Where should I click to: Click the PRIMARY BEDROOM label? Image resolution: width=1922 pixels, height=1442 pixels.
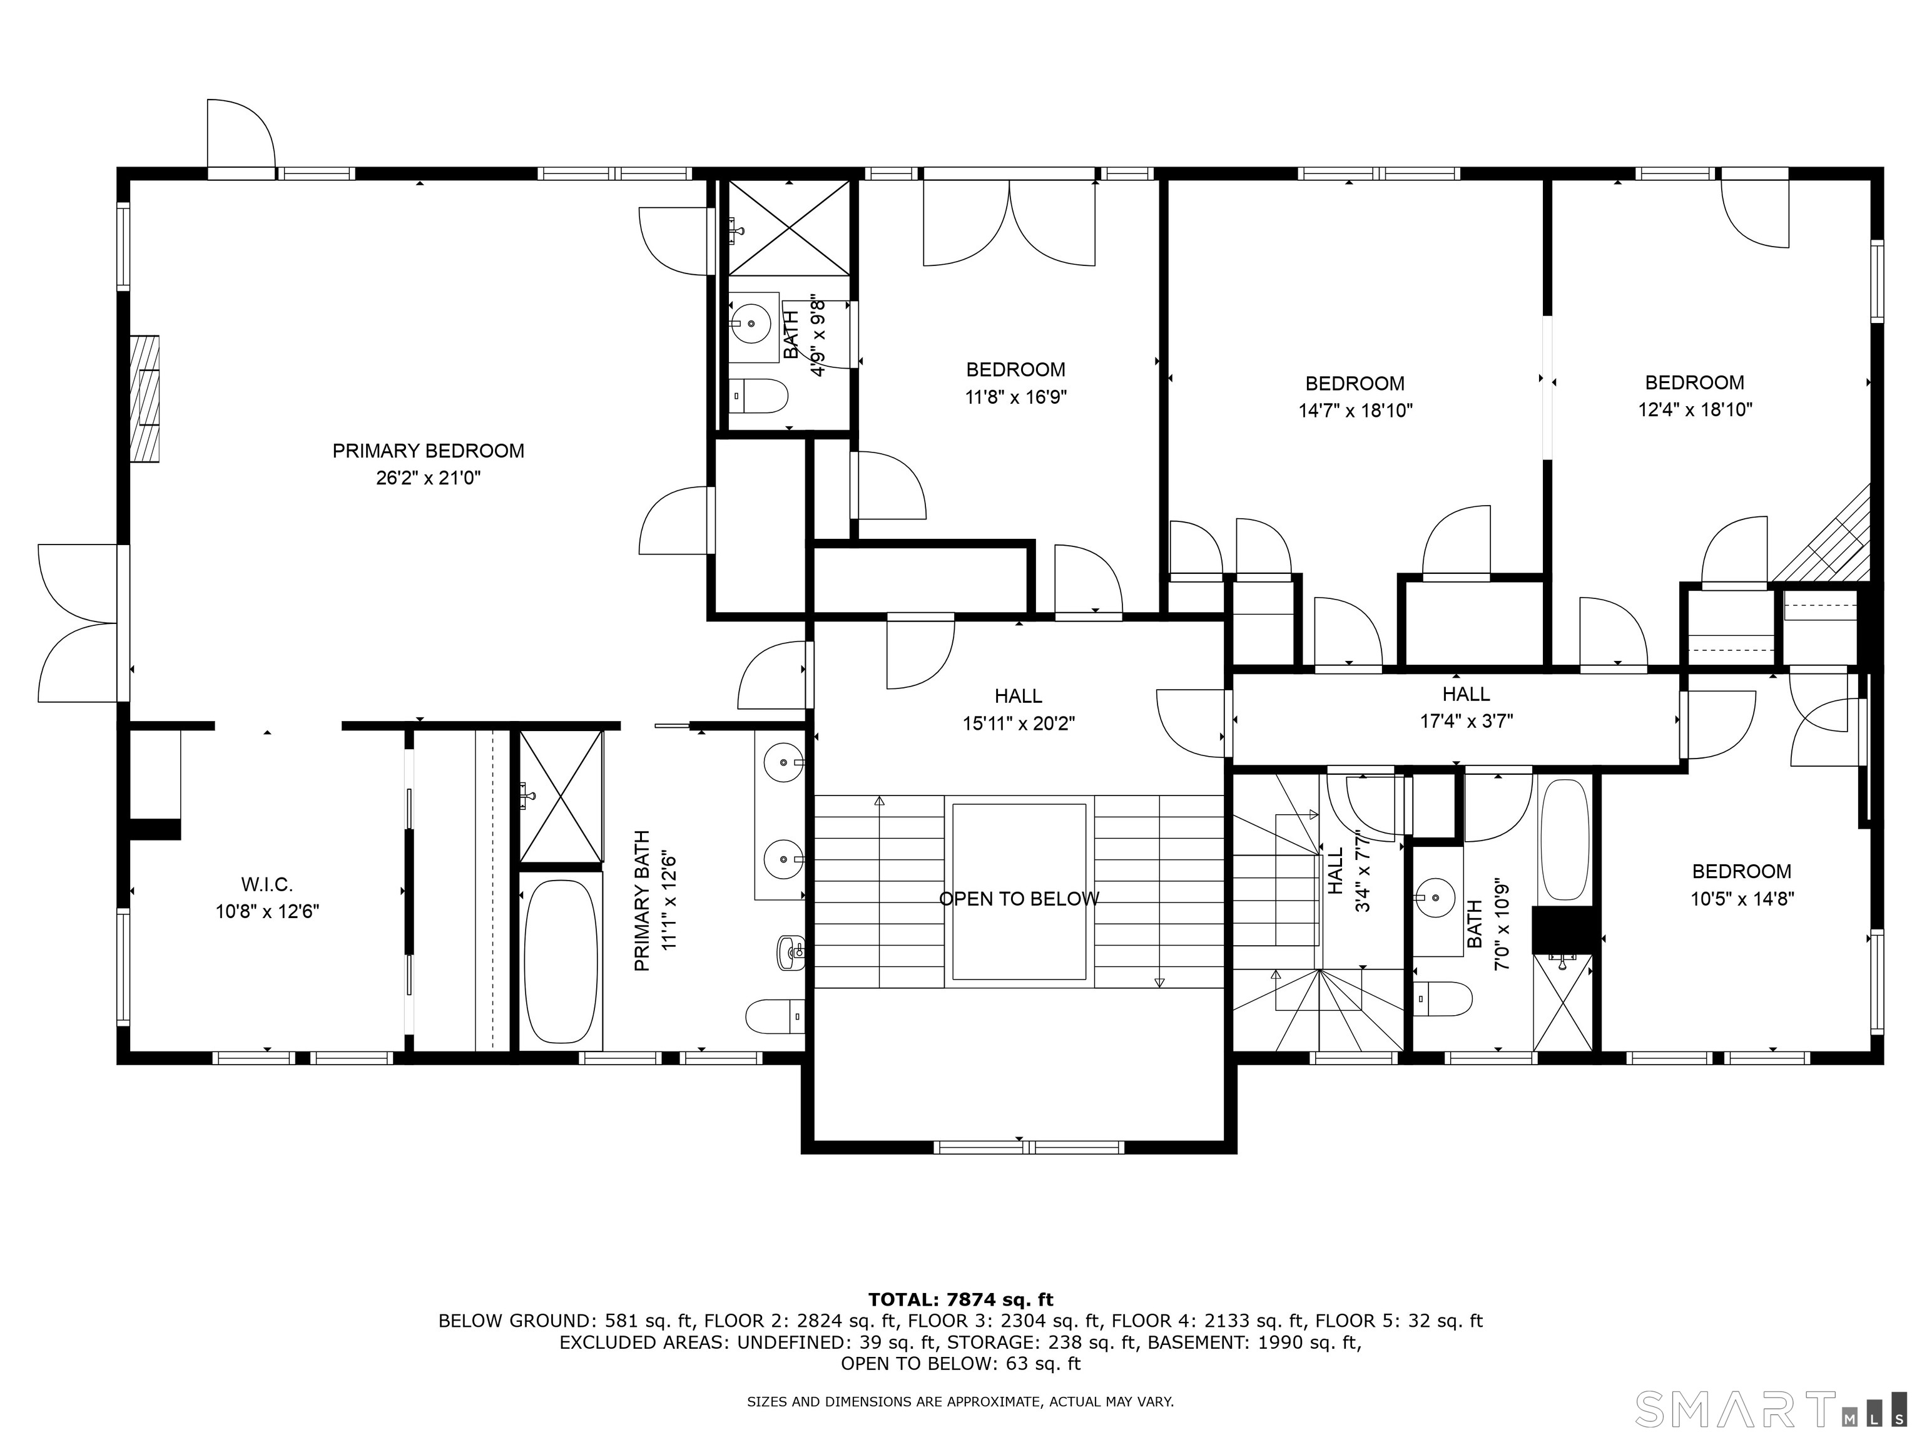tap(429, 450)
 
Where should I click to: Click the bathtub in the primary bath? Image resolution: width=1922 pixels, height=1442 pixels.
tap(561, 961)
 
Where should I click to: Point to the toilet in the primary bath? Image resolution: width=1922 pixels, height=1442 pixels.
tap(774, 1016)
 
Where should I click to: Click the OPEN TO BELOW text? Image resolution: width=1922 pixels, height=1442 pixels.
tap(1019, 899)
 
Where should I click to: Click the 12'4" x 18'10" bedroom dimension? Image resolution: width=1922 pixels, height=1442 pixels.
tap(1696, 409)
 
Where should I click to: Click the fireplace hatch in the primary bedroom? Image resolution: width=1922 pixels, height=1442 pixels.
tap(145, 398)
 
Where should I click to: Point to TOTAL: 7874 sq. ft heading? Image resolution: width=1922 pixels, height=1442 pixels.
tap(960, 1299)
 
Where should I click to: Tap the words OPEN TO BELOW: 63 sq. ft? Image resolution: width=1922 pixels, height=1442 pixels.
tap(960, 1364)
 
